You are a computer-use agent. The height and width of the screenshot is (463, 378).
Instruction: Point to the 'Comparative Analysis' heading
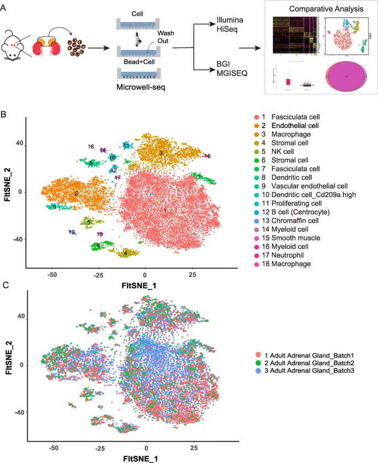(x=323, y=10)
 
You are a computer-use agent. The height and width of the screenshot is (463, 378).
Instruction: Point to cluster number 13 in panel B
(x=72, y=232)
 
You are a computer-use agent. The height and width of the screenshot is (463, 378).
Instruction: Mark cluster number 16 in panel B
(x=207, y=156)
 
